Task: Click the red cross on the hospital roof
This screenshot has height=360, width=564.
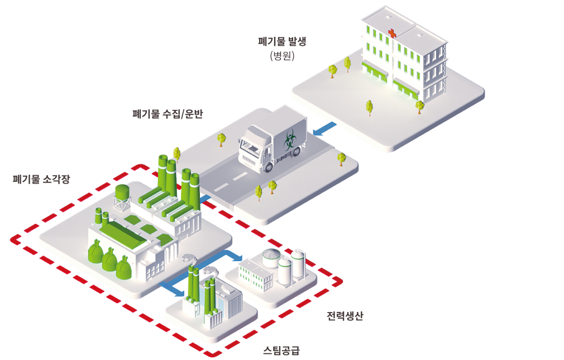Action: [x=392, y=33]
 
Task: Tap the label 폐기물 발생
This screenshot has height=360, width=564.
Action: [x=282, y=41]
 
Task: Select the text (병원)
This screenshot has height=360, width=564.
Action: [x=283, y=56]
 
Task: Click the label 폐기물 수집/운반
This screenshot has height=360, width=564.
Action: [x=168, y=114]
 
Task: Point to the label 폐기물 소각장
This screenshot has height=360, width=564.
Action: [x=41, y=179]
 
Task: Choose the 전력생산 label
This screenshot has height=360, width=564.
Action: [x=345, y=316]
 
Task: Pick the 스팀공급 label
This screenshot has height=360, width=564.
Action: [x=281, y=350]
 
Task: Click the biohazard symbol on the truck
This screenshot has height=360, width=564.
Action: [x=290, y=141]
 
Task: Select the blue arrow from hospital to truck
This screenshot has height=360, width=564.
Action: [x=325, y=129]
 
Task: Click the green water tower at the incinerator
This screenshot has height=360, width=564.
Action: [x=122, y=196]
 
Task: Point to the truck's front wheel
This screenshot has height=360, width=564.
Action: [x=268, y=166]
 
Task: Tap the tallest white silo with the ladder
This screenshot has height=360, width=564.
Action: [x=298, y=265]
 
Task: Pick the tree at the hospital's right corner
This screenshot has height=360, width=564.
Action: [x=420, y=107]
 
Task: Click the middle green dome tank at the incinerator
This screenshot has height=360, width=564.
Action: [x=109, y=259]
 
